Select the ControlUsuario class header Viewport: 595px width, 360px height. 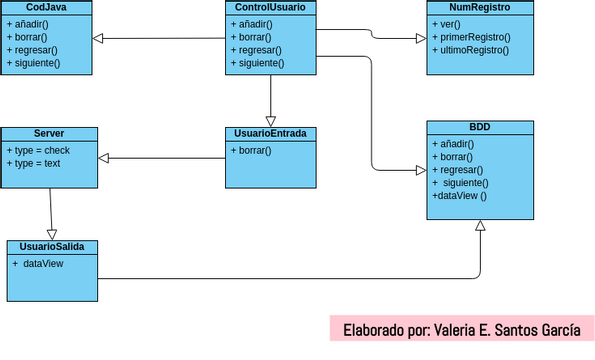tap(270, 7)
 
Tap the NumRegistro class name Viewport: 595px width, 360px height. tap(473, 7)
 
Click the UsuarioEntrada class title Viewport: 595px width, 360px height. tap(270, 133)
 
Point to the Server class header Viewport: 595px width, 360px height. tap(49, 133)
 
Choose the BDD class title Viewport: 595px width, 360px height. tap(480, 127)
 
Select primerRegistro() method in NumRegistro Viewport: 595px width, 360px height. tap(470, 37)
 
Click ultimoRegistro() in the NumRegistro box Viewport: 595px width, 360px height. tap(470, 50)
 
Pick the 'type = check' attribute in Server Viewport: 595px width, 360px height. tap(38, 150)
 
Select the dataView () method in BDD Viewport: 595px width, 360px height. tap(459, 196)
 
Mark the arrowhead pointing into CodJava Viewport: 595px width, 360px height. tap(98, 39)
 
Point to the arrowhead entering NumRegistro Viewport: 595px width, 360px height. tap(420, 39)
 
